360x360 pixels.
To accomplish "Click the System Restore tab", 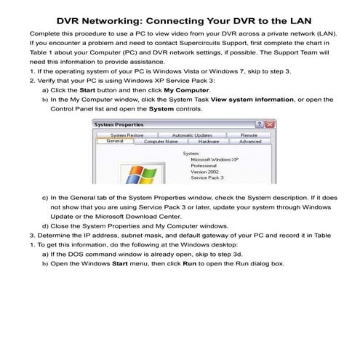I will pos(128,135).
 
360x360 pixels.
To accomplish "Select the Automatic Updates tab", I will pos(193,135).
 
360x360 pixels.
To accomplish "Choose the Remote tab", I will pos(248,135).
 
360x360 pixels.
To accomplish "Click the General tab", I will pos(114,142).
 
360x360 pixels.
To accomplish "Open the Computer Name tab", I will pos(161,142).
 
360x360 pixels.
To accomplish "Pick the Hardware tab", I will pos(209,142).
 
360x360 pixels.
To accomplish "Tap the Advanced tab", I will pos(249,142).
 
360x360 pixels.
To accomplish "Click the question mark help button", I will pos(257,125).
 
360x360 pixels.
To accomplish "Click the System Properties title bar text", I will pos(119,125).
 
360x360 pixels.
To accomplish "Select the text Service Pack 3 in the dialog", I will pos(207,177).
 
